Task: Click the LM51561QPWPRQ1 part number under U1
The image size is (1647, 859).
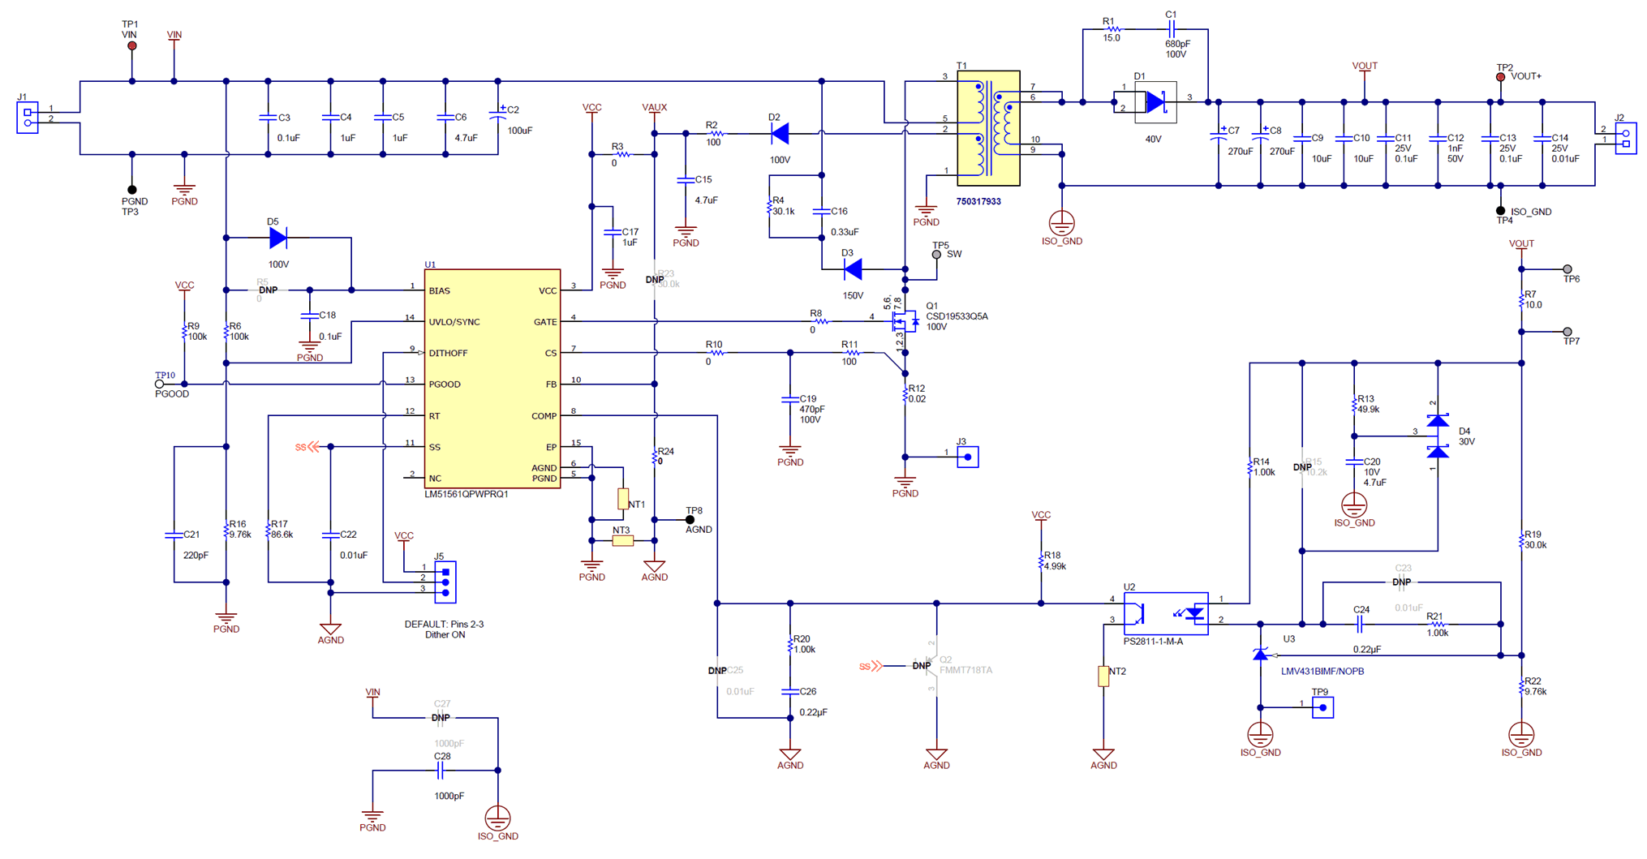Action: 467,494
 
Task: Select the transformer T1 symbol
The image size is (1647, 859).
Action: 988,128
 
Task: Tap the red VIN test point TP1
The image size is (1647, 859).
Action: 132,46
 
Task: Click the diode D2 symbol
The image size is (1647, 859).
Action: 780,133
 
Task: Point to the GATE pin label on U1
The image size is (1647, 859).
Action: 545,322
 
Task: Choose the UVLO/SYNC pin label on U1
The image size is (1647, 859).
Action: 454,322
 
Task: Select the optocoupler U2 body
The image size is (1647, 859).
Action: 1165,613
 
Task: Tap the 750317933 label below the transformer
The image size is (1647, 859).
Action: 978,202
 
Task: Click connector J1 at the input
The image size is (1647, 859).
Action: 28,118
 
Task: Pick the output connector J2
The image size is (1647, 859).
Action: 1625,138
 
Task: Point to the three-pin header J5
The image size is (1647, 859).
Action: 445,582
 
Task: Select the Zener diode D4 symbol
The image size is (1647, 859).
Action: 1438,436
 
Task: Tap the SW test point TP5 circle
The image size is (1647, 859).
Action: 936,255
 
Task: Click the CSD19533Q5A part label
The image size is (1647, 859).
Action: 957,316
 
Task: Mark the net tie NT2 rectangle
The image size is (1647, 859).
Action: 1103,676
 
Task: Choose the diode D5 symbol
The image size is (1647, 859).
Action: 277,238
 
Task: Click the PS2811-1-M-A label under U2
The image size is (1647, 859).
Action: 1153,642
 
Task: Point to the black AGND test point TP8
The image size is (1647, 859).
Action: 690,520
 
